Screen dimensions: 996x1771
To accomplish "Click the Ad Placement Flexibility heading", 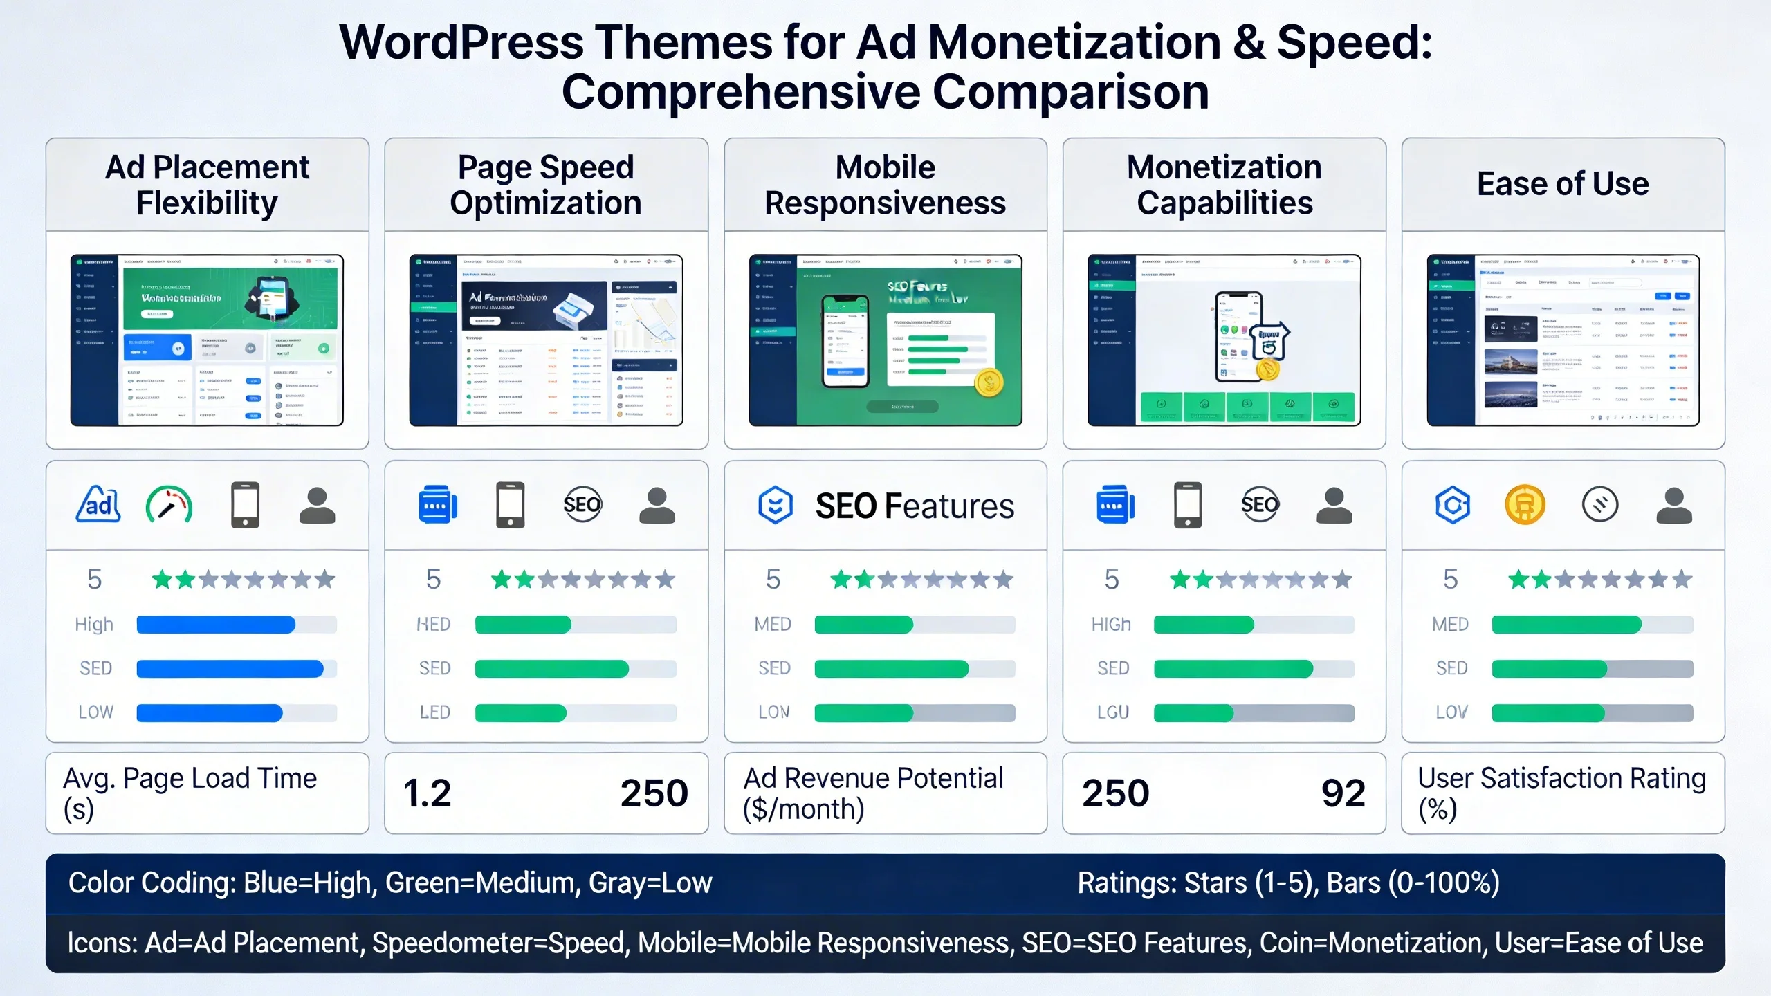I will point(207,185).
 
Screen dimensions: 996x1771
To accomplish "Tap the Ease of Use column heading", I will point(1563,184).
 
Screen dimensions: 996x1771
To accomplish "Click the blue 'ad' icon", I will point(98,504).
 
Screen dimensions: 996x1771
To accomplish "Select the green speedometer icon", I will point(169,505).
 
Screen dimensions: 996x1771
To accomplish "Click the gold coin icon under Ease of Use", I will point(1525,504).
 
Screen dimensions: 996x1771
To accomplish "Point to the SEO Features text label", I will point(914,506).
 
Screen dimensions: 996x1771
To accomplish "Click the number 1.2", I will point(428,793).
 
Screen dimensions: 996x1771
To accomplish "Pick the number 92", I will point(1343,793).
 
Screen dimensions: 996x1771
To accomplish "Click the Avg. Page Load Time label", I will point(190,793).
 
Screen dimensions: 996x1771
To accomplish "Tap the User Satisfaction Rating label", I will point(1561,793).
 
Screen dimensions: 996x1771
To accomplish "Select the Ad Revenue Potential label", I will point(873,793).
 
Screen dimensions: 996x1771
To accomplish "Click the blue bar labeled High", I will point(216,625).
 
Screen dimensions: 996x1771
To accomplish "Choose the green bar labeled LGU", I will point(1193,712).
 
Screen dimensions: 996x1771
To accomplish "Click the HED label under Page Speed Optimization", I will point(434,625).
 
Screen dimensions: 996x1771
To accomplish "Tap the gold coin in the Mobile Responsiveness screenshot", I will point(989,382).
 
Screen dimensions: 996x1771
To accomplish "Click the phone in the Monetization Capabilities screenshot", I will point(1238,336).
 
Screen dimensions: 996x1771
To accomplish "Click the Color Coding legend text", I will point(390,883).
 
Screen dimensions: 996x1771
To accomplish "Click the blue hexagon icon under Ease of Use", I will point(1452,505).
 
